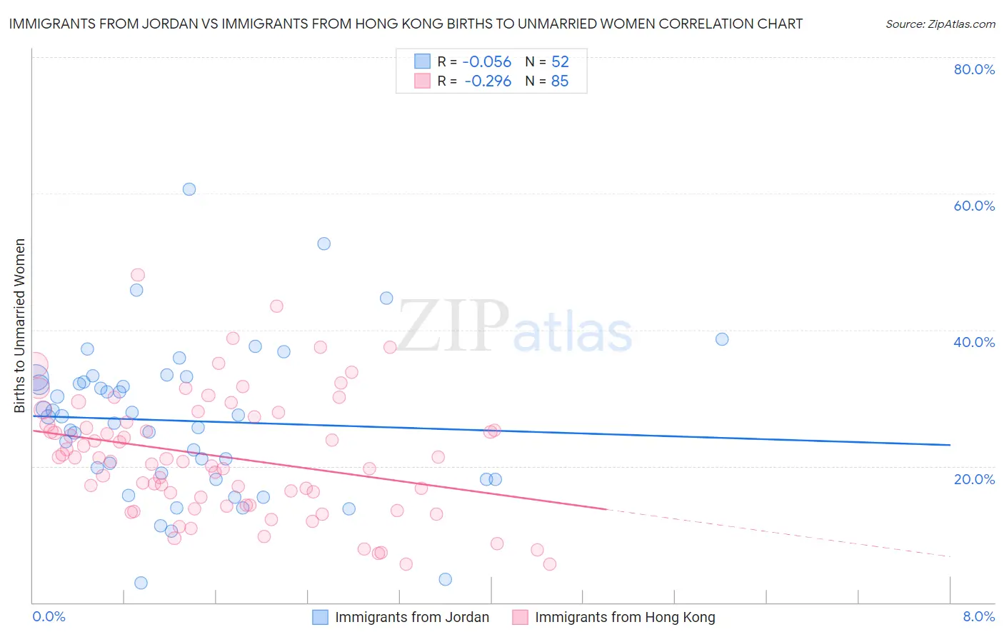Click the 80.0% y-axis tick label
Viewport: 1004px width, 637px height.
[x=974, y=69]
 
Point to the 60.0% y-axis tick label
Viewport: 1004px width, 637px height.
[x=974, y=206]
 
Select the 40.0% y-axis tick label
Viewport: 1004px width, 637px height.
[x=974, y=342]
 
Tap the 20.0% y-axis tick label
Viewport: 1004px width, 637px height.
[x=974, y=479]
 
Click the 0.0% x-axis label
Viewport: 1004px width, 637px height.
[x=49, y=616]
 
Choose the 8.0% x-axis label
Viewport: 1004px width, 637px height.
[x=978, y=616]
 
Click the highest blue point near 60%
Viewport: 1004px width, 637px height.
[x=189, y=189]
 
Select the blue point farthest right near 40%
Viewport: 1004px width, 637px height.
[x=722, y=339]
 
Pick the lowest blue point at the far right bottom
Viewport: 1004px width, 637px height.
[x=446, y=579]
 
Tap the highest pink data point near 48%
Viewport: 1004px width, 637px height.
[x=138, y=275]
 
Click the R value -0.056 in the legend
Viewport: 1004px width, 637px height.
[x=487, y=62]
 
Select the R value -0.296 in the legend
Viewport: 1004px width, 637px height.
[x=487, y=81]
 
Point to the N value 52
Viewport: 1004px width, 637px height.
[x=560, y=62]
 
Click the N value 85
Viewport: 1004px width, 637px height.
[x=560, y=81]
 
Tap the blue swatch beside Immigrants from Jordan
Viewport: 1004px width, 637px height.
[x=321, y=617]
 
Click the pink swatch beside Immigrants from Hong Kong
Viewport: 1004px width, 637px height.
[x=520, y=617]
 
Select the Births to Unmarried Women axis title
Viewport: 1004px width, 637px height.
[x=19, y=326]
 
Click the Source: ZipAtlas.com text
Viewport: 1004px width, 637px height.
[x=940, y=24]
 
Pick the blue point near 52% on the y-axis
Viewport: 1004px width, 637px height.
[x=324, y=244]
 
